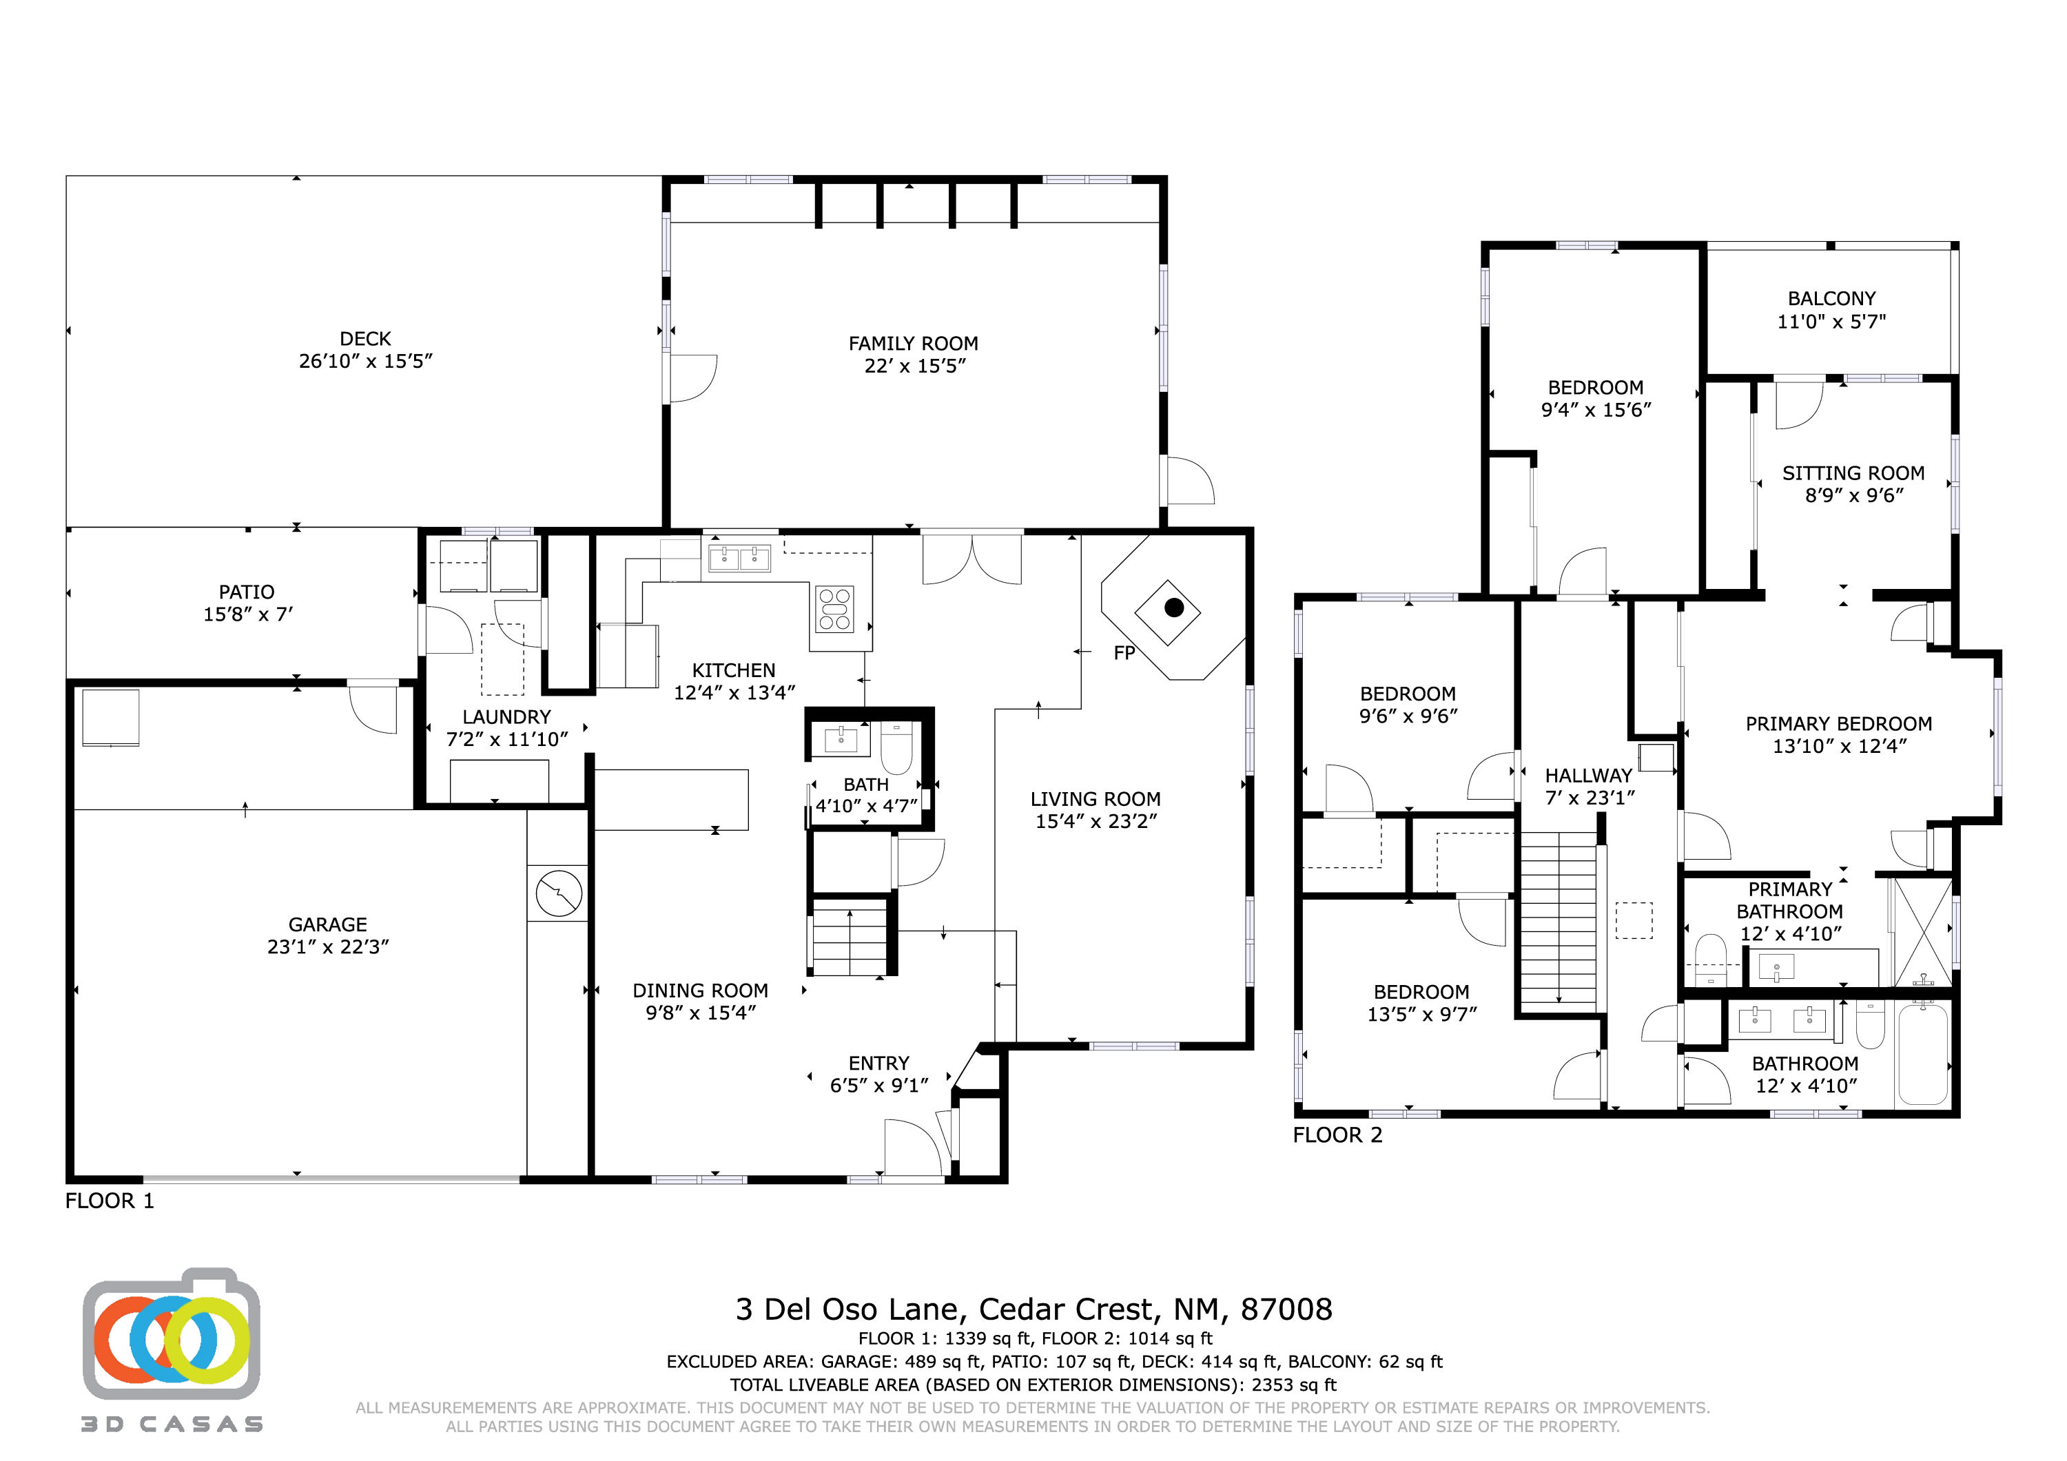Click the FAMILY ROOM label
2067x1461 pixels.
[x=913, y=343]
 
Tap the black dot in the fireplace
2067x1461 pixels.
[x=1173, y=608]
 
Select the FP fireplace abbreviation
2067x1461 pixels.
[x=1124, y=652]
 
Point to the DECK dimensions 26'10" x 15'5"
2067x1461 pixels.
[x=365, y=361]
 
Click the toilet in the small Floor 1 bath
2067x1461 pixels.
[x=896, y=747]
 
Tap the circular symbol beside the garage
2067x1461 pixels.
[x=558, y=893]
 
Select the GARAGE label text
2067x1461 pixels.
[x=328, y=924]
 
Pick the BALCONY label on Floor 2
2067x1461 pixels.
[x=1831, y=298]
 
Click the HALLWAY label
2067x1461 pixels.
[x=1588, y=775]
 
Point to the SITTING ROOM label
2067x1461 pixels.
[x=1853, y=473]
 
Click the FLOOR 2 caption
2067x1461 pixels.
[x=1337, y=1134]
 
